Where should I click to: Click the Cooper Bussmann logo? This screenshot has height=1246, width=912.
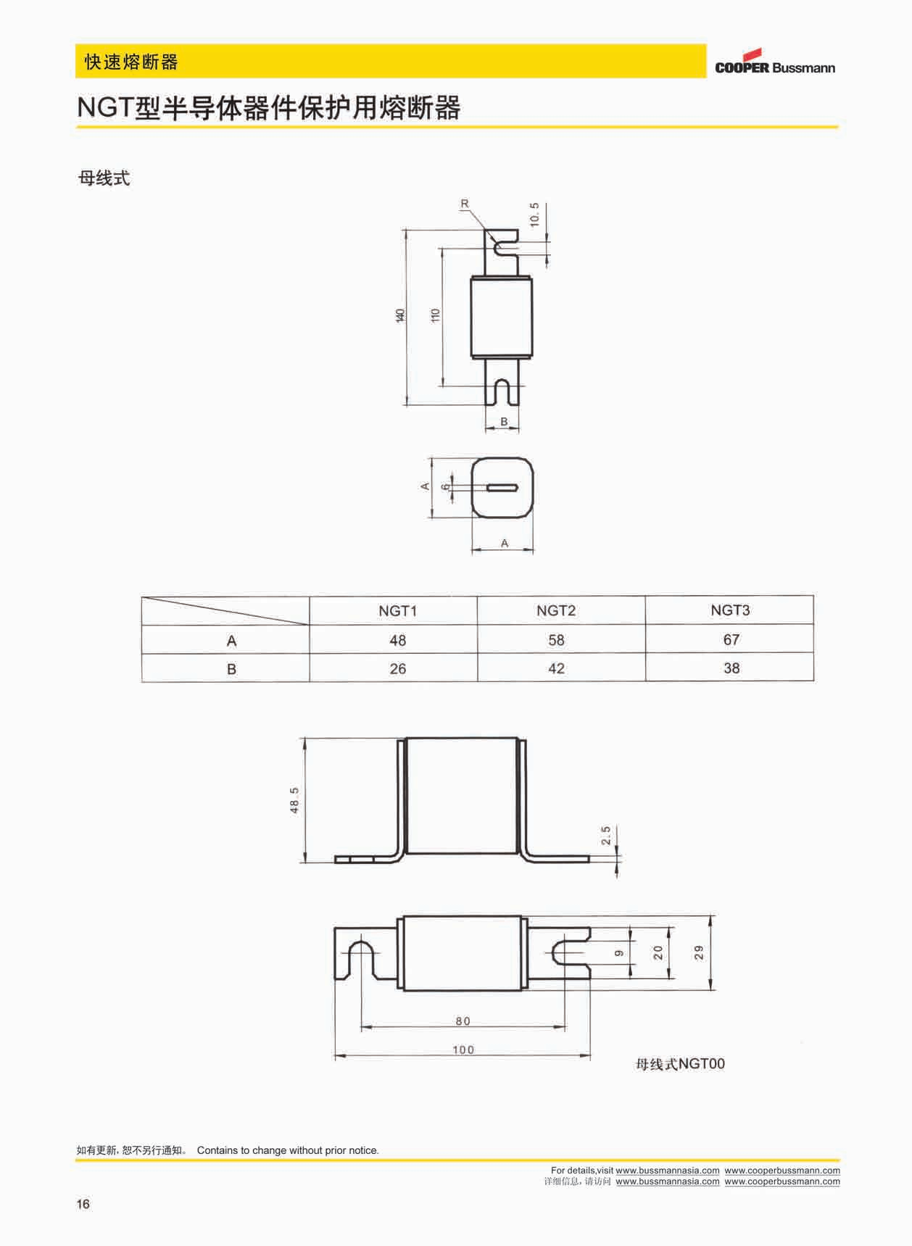(774, 63)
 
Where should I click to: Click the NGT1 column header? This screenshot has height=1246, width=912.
(397, 611)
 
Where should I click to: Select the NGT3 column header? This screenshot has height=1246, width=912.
(730, 610)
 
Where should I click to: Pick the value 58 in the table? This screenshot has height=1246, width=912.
(556, 640)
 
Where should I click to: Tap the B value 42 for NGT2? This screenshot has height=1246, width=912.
(556, 668)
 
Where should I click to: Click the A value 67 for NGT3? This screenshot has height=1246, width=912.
(731, 639)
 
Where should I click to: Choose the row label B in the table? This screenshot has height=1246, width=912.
(231, 669)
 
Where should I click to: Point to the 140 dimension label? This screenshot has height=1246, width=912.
(399, 315)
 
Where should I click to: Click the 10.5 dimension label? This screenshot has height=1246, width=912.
(534, 215)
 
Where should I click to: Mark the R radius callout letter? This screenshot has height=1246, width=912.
(465, 204)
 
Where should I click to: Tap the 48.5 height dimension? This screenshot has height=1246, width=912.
(294, 800)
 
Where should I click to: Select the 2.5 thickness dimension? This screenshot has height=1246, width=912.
(606, 836)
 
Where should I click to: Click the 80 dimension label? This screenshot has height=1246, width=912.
(463, 1021)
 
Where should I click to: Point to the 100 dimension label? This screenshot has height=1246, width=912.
(463, 1050)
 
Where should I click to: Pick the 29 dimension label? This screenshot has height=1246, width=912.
(699, 952)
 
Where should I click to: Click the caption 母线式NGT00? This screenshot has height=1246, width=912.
(679, 1064)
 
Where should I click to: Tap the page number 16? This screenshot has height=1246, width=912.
(83, 1204)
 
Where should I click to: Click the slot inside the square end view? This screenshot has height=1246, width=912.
(501, 488)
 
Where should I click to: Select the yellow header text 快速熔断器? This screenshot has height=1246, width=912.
(131, 62)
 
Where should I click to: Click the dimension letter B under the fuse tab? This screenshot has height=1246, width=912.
(504, 421)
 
